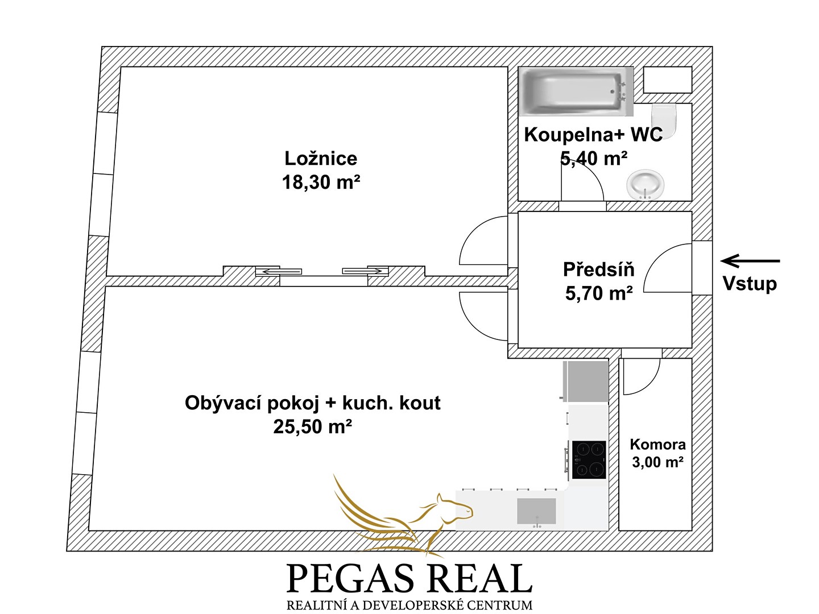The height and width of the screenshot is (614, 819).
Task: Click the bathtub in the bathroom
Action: [x=576, y=92]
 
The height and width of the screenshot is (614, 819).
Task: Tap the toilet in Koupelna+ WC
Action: [x=664, y=121]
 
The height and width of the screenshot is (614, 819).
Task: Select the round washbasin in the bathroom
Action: [x=645, y=185]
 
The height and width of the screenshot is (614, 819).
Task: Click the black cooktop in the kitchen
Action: [x=589, y=460]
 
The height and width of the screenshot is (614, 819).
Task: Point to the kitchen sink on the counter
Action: [x=536, y=511]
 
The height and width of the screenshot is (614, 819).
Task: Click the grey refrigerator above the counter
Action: [x=586, y=381]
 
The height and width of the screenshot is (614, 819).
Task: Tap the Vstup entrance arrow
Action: [x=750, y=261]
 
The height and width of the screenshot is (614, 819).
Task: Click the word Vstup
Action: [x=750, y=284]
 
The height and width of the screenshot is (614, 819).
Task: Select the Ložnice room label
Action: [x=321, y=159]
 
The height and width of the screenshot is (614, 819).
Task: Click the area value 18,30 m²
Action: [x=321, y=182]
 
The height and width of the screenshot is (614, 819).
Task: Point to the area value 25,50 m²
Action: [x=313, y=426]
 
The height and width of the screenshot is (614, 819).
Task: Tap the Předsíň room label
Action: [x=598, y=269]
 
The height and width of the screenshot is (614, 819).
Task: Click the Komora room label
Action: [x=658, y=445]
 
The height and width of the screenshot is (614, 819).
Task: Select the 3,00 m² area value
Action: [x=658, y=462]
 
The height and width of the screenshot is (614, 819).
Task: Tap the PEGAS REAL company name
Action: [x=409, y=579]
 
